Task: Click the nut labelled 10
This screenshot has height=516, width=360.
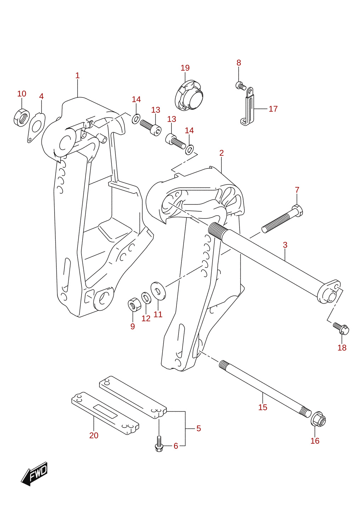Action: coord(21,117)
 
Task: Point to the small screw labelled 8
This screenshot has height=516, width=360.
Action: coord(241,86)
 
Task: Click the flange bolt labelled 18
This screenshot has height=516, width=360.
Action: coord(341,329)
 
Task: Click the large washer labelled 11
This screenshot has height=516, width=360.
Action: coord(158,291)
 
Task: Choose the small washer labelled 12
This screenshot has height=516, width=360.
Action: coord(146,298)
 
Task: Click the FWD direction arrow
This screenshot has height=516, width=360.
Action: coord(34,473)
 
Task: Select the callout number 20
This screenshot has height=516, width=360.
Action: coord(94,435)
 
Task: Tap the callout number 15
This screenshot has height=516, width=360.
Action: coord(263,407)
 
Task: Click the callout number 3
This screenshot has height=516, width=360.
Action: coord(285,245)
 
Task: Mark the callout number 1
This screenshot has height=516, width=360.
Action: coord(77,76)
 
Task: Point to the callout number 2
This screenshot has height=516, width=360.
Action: coord(221,153)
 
